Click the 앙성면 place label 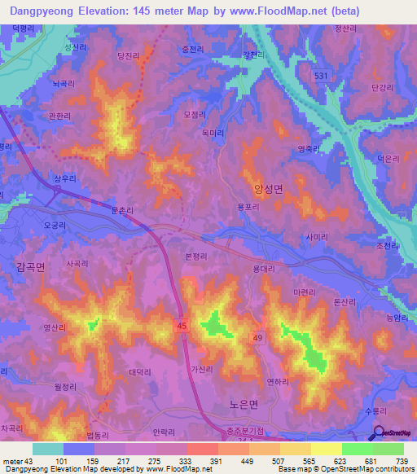tap(268, 189)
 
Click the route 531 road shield tap(323, 75)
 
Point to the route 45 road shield tap(182, 325)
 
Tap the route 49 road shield tap(258, 337)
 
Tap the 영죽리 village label tap(310, 148)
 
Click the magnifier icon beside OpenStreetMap tap(379, 433)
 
